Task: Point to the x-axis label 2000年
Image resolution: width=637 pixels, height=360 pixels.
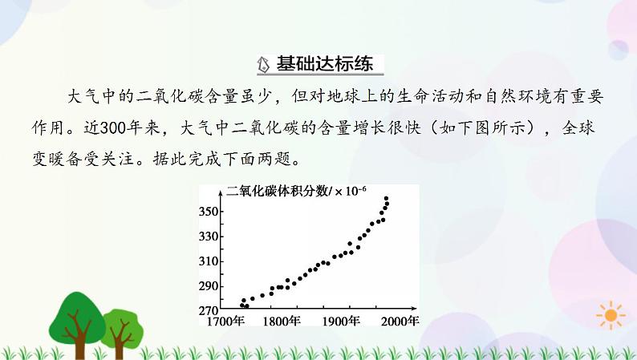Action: point(400,322)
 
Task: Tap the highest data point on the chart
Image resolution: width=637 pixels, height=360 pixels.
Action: point(387,199)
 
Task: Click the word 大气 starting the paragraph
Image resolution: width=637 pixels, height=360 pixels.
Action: point(81,97)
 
